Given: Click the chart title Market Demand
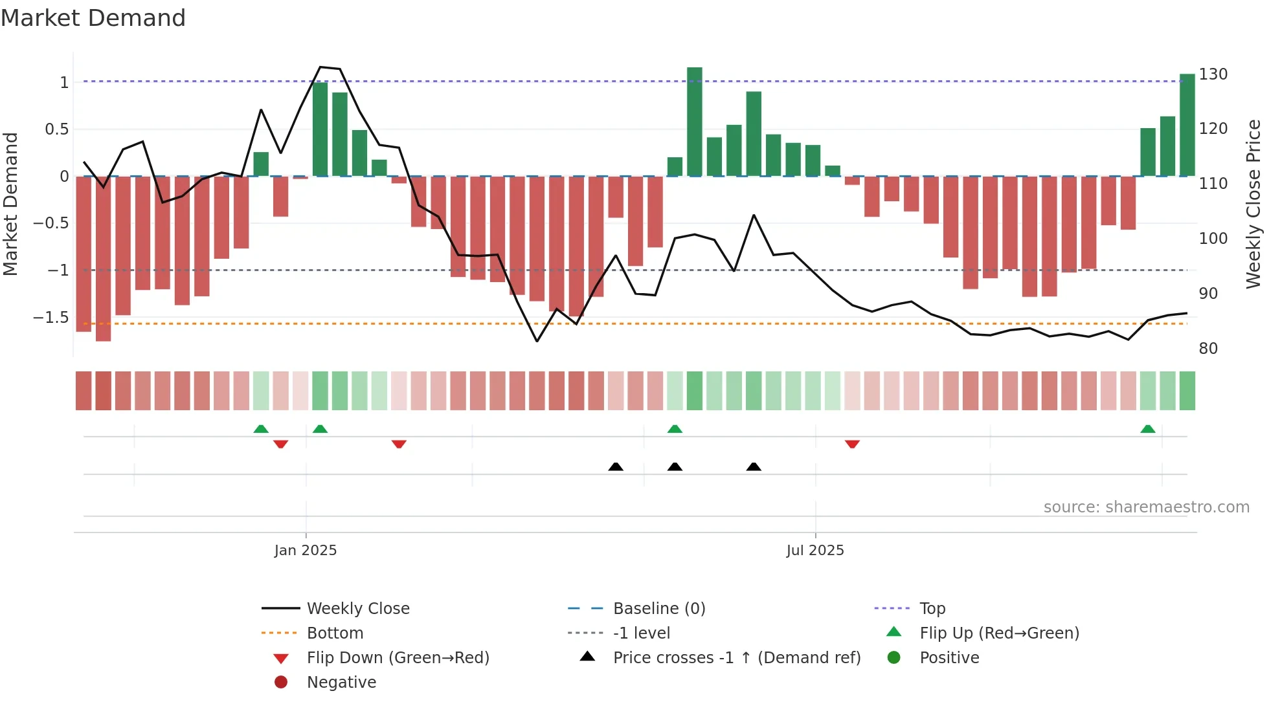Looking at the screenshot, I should click(93, 18).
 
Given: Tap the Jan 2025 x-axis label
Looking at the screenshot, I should click(305, 551).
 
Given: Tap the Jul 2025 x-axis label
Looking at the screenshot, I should click(814, 551).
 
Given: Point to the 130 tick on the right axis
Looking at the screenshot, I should click(1213, 74).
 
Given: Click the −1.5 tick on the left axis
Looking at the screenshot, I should click(51, 318).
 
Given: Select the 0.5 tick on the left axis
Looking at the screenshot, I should click(56, 129).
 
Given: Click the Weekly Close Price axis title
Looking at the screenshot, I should click(1253, 204).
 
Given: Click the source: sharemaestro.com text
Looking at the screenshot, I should click(1146, 507).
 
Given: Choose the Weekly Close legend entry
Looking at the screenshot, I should click(357, 609).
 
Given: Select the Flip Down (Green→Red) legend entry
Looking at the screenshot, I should click(398, 658).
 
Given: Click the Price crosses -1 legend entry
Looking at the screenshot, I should click(736, 658).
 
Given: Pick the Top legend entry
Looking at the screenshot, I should click(932, 609).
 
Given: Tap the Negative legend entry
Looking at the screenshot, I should click(341, 683).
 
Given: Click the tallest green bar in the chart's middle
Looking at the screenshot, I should click(694, 122).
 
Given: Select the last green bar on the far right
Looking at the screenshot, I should click(1187, 125).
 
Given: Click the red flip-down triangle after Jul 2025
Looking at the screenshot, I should click(852, 444).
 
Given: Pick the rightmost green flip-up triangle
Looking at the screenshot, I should click(1147, 429).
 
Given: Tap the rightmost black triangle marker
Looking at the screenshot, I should click(753, 466).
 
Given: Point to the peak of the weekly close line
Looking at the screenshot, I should click(320, 67).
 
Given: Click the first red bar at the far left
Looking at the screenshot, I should click(84, 254).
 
